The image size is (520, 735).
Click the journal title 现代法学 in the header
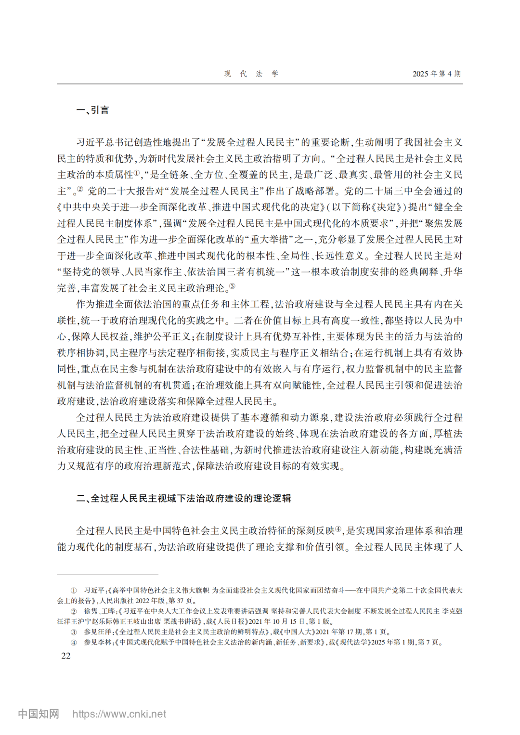[x=251, y=74]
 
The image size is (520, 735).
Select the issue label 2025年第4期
[x=436, y=74]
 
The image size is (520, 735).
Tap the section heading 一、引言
[x=92, y=110]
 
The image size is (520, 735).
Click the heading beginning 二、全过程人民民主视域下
[x=183, y=498]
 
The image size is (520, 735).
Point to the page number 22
[x=66, y=656]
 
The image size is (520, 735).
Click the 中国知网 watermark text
[x=39, y=713]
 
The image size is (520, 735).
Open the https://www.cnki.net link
[x=119, y=714]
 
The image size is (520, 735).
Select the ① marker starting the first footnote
[x=74, y=590]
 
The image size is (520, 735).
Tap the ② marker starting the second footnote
[x=74, y=611]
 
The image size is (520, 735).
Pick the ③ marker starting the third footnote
[x=74, y=632]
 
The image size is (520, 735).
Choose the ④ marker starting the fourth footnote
[x=74, y=643]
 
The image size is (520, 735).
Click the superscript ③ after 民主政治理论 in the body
[x=232, y=286]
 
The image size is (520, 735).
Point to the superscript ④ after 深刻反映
[x=338, y=529]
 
